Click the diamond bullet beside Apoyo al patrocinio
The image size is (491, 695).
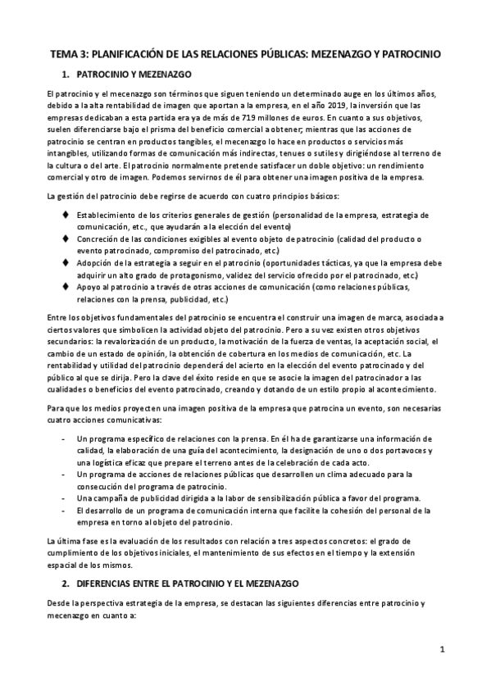(x=66, y=288)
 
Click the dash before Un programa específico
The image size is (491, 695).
(x=65, y=438)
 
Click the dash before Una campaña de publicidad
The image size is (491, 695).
(x=65, y=499)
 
